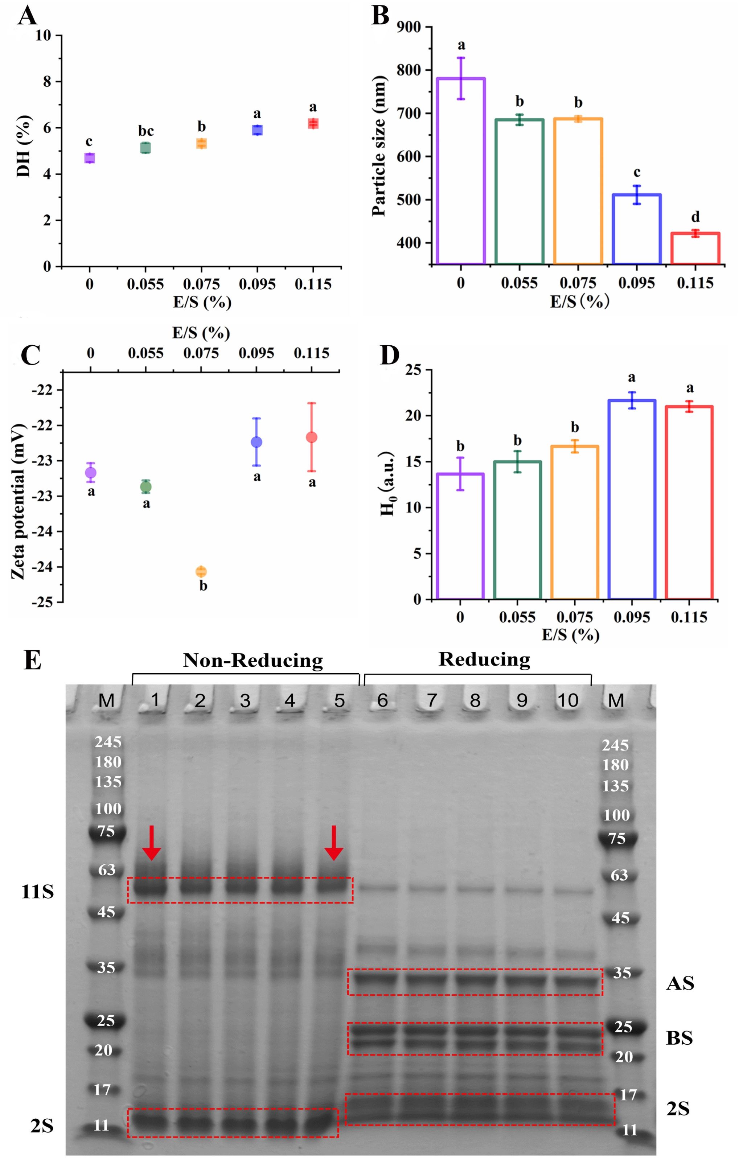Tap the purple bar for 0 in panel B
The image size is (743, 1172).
(461, 170)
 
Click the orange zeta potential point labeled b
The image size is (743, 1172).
(201, 571)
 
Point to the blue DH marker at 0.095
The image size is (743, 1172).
(257, 130)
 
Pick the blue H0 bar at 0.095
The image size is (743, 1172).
(632, 499)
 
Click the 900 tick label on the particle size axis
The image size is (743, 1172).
(409, 27)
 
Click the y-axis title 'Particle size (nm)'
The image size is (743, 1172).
(379, 146)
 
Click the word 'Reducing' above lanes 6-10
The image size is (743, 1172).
(484, 659)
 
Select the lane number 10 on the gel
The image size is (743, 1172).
(567, 700)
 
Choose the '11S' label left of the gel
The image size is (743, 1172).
(37, 892)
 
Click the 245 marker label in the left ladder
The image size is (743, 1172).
(108, 742)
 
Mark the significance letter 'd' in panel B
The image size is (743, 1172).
(695, 217)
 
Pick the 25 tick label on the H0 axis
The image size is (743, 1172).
(413, 370)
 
